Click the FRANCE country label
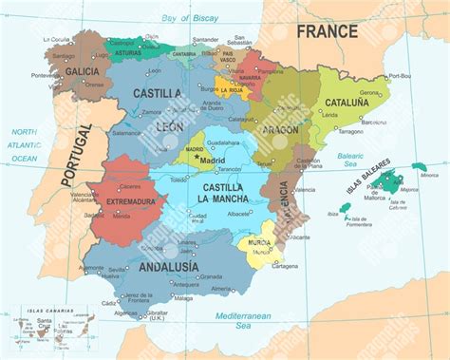[x=328, y=30]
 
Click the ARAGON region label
[x=282, y=129]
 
